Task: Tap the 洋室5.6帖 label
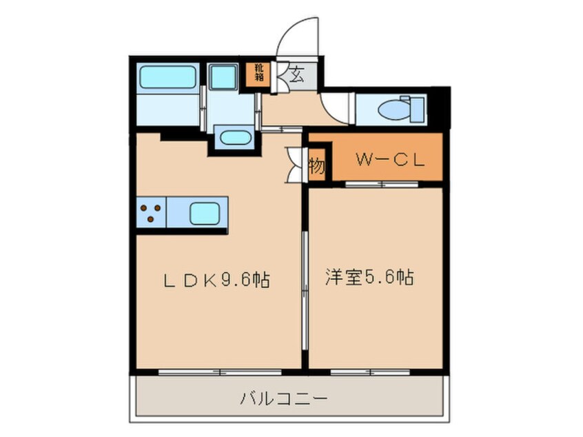click(x=369, y=278)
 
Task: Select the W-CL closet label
click(x=389, y=161)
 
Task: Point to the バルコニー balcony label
click(x=284, y=398)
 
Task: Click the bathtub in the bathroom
click(x=167, y=77)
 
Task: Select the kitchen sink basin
click(x=205, y=214)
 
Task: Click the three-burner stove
click(x=150, y=213)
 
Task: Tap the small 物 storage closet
click(x=316, y=165)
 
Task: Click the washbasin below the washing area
click(x=236, y=136)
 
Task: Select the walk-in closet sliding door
click(x=381, y=184)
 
